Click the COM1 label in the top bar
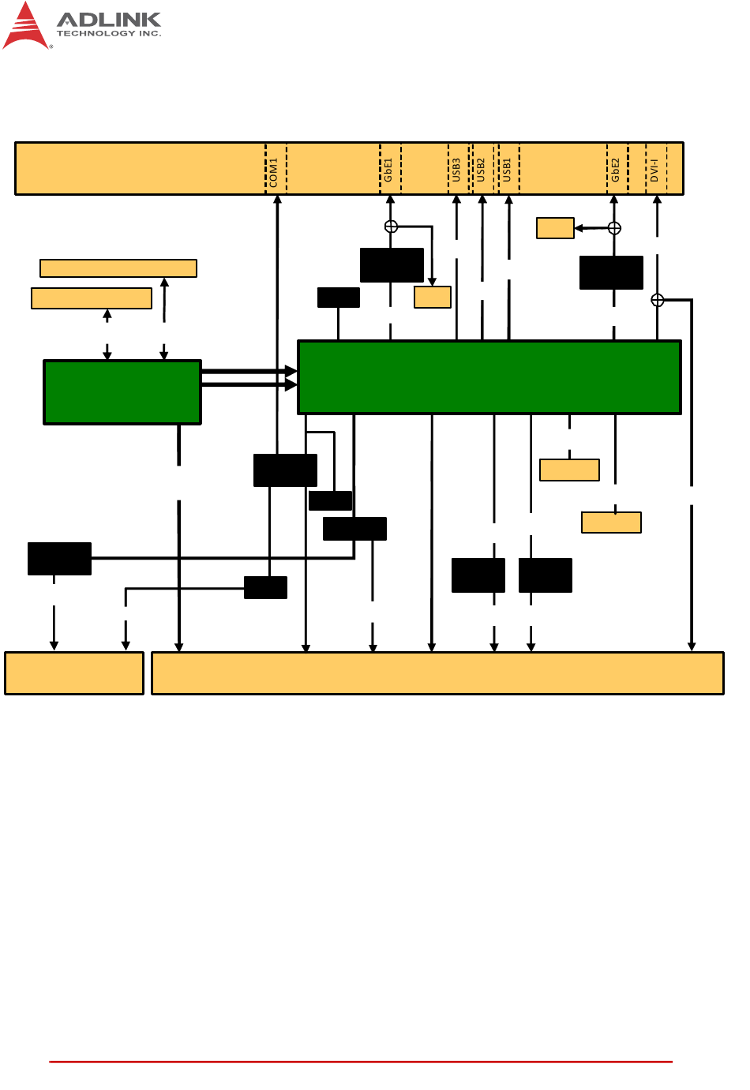click(x=274, y=171)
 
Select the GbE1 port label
click(x=388, y=170)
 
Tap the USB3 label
click(x=456, y=170)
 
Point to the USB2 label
click(x=481, y=170)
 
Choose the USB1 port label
click(x=507, y=170)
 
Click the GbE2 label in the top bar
click(x=616, y=170)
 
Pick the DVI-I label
click(x=654, y=170)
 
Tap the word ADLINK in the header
click(x=109, y=19)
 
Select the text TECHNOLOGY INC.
click(x=109, y=34)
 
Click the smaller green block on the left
click(x=122, y=392)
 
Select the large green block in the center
click(x=489, y=377)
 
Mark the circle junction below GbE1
click(x=391, y=227)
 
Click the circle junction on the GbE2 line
click(x=614, y=228)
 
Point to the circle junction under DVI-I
click(x=658, y=300)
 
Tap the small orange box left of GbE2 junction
click(x=555, y=228)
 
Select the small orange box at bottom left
click(x=74, y=673)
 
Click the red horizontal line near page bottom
click(x=361, y=1062)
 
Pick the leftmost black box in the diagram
click(x=59, y=558)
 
